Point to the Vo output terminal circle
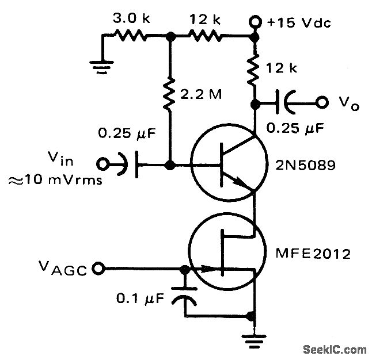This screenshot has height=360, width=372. pos(323,104)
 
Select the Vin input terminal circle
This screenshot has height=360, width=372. pos(104,164)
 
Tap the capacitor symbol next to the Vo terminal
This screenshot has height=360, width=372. pos(284,104)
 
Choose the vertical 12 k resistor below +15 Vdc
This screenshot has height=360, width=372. pos(253,68)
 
